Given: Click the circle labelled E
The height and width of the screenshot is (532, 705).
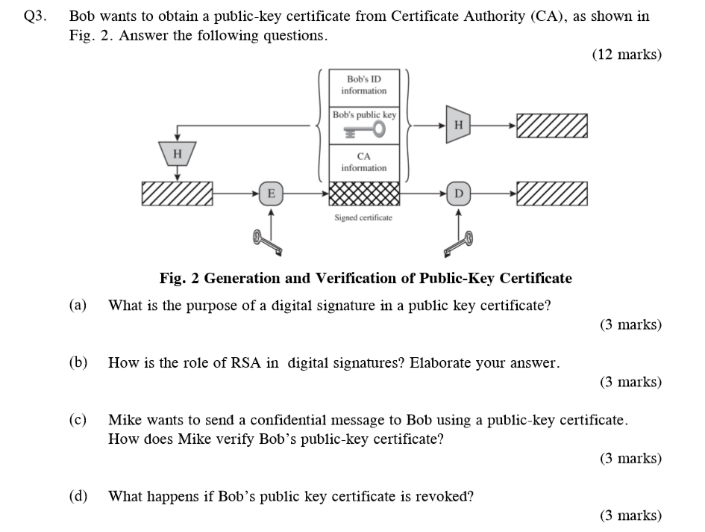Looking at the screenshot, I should pos(270,194).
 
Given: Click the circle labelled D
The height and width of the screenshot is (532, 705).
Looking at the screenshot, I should pos(459,194).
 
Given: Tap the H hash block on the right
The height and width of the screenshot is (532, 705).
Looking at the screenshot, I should pos(459,126).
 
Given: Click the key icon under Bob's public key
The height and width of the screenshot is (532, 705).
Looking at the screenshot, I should pos(364,131).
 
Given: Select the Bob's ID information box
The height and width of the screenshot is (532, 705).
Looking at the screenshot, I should pos(364,84).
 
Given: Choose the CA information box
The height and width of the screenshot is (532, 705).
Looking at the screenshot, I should pos(364,162).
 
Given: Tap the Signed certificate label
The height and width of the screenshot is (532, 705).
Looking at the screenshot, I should pos(363,217).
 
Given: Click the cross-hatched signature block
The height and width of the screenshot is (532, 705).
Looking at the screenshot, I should pos(364,194).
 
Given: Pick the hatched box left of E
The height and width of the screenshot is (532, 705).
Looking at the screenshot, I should pos(177,194).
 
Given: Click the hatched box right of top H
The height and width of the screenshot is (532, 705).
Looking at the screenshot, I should pos(551,126).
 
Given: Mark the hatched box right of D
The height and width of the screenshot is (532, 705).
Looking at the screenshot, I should pos(551,194).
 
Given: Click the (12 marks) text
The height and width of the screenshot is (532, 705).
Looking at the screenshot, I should pos(627,55).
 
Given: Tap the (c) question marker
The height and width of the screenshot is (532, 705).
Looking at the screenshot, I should pos(78,420).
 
